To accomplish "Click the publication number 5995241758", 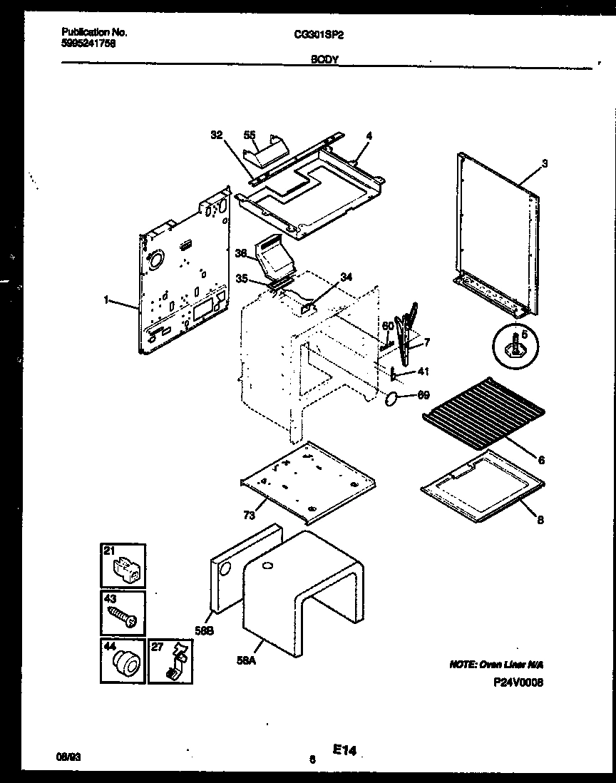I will pos(88,43).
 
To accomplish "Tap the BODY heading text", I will pos(324,61).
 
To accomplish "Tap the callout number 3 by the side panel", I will pos(544,163).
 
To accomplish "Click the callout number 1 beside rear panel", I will pos(106,301).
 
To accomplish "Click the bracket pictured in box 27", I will pos(174,662).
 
